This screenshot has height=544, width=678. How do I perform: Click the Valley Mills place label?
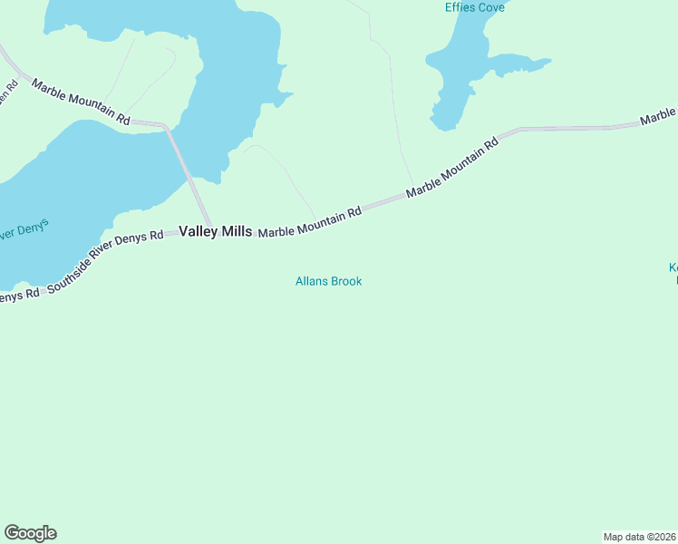215,232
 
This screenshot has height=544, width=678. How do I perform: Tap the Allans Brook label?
328,281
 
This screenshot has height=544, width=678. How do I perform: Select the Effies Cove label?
474,7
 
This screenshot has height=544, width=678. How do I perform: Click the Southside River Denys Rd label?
105,260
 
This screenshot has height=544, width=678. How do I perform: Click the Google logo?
30,533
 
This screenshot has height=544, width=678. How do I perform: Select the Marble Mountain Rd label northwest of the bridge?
81,102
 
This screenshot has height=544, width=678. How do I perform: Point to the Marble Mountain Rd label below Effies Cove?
452,168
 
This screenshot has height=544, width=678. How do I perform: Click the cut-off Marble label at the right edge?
658,116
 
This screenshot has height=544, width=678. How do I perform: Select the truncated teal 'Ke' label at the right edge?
673,268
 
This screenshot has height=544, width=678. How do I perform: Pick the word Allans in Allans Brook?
311,281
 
